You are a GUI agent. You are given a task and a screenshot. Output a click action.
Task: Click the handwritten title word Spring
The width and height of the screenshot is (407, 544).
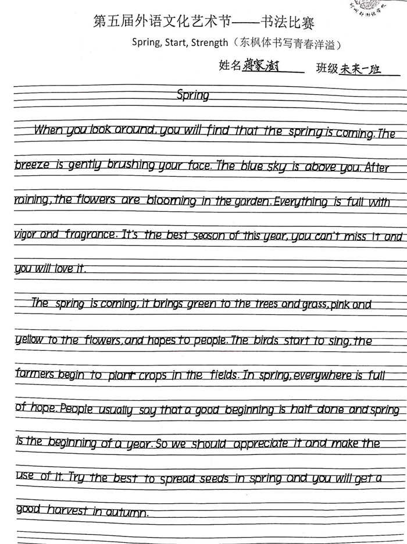[192, 95]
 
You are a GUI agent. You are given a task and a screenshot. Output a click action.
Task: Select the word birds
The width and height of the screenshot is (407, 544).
[267, 340]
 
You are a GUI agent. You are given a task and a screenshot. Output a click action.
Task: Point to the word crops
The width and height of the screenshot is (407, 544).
[152, 375]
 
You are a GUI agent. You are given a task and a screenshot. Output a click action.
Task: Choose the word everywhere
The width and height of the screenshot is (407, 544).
[322, 376]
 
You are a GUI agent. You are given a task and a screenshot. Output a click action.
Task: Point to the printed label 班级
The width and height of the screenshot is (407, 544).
[327, 68]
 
